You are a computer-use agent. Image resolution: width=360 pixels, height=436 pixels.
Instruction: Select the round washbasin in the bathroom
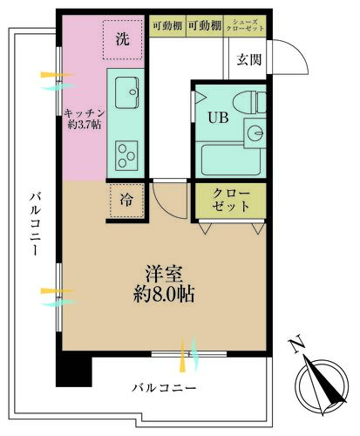[255, 133]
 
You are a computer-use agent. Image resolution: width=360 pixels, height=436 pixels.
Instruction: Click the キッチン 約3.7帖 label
[84, 118]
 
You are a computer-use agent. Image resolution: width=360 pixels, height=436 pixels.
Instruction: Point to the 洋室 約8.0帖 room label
[162, 282]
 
